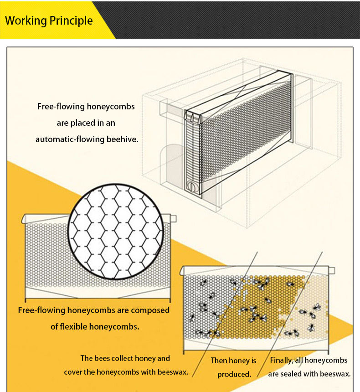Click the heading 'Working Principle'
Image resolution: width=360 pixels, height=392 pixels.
[49, 21]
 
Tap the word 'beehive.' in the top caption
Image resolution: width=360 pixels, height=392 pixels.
[122, 139]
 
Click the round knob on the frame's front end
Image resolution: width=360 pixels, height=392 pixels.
[191, 186]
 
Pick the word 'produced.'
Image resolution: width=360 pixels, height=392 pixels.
[234, 375]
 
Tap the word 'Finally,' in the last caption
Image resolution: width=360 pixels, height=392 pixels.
[281, 361]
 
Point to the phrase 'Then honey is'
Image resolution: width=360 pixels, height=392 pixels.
[233, 361]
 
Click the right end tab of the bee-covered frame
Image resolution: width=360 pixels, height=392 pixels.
[331, 271]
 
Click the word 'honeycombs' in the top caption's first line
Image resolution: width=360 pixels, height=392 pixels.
[111, 107]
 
